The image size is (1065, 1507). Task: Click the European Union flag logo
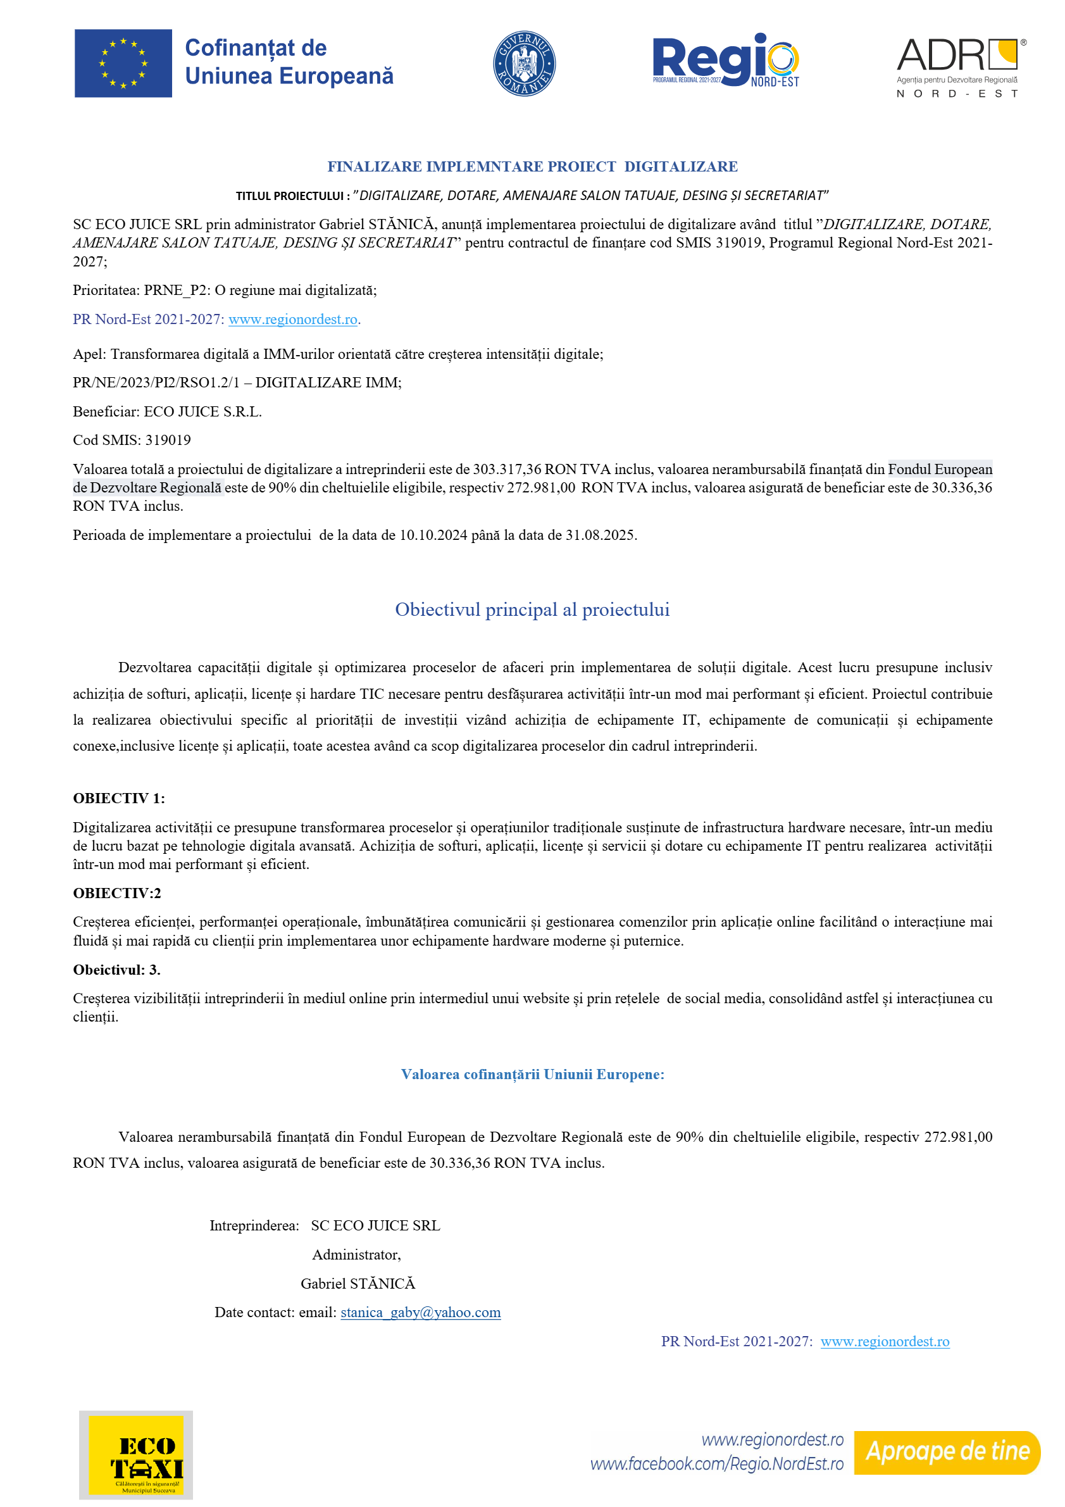(123, 63)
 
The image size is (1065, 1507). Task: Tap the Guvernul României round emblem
(524, 64)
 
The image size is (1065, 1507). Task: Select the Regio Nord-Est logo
(726, 60)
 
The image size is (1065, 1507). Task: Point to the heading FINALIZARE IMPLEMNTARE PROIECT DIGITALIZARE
(532, 166)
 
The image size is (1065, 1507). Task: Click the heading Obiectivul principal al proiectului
(532, 610)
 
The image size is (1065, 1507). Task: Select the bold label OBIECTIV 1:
(119, 798)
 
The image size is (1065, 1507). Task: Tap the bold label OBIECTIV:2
(117, 892)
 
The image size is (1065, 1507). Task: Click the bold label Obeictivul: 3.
(117, 970)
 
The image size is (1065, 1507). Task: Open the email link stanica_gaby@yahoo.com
(421, 1312)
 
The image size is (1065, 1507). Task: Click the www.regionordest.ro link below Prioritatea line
(292, 320)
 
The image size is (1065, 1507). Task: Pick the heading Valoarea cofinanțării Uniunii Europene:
(532, 1074)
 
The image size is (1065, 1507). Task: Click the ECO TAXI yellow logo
(136, 1454)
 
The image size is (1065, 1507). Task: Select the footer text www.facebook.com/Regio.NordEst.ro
(716, 1464)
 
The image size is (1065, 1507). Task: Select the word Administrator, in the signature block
(356, 1254)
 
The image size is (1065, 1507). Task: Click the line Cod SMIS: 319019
(132, 440)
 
